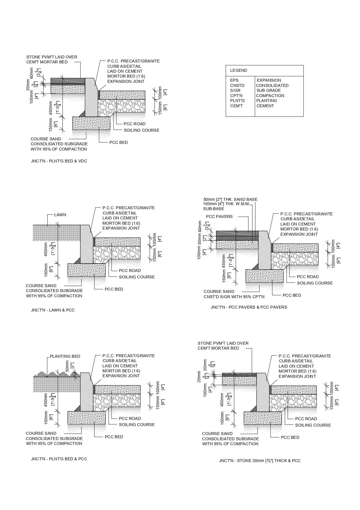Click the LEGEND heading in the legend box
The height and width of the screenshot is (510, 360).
(239, 70)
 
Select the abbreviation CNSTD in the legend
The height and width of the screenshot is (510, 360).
(237, 85)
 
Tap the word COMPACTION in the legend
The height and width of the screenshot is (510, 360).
(270, 96)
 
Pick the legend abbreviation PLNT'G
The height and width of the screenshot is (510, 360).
(237, 101)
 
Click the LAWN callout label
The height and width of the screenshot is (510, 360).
(60, 215)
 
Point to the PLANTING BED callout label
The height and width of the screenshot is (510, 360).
(65, 356)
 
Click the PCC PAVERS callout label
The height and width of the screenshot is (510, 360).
(219, 216)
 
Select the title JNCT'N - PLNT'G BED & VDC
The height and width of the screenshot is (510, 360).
(59, 161)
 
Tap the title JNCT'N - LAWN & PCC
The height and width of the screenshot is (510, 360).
(53, 310)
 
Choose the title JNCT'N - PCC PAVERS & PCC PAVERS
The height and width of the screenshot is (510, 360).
(249, 307)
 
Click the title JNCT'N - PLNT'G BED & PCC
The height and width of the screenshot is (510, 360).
(59, 459)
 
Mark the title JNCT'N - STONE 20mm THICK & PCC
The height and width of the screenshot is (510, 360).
(260, 461)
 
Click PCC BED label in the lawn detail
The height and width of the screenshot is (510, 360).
(114, 289)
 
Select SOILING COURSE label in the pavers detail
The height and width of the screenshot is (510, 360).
(315, 283)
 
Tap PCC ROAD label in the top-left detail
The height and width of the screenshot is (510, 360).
(134, 124)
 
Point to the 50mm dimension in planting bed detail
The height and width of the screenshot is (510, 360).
(67, 366)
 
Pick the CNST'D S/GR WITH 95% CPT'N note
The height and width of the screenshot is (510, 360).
(234, 297)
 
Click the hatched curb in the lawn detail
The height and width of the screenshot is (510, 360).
(86, 244)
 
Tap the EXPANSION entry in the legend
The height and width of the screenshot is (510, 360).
(269, 80)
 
